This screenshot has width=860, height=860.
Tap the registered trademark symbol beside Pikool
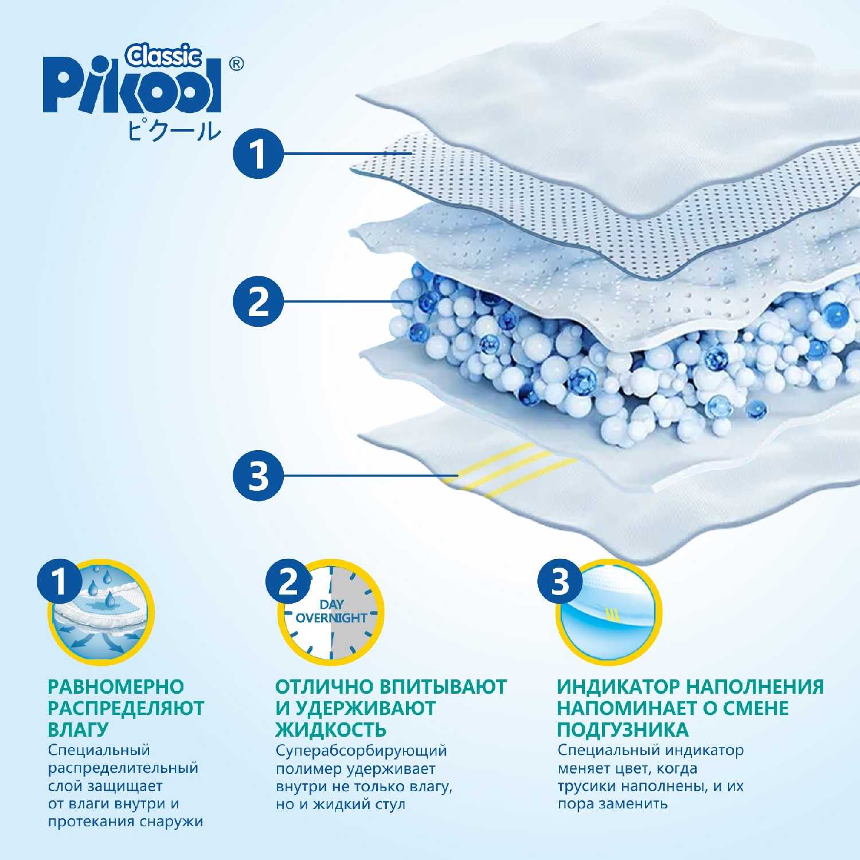point(236,64)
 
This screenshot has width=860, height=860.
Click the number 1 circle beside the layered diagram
point(259,154)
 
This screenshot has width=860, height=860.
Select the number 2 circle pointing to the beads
point(259,302)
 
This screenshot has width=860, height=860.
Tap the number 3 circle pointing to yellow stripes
point(259,476)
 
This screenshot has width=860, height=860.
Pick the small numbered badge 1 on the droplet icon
point(60,582)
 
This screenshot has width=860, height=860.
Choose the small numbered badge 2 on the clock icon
point(288,582)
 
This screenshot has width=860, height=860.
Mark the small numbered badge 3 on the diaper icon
point(560,582)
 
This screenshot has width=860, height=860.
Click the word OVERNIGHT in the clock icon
point(331,618)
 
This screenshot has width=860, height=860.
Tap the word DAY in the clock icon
point(331,604)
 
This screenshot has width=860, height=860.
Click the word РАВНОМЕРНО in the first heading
point(116,687)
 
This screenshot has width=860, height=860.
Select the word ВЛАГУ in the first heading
point(78,730)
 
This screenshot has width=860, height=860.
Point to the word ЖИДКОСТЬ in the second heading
point(331,730)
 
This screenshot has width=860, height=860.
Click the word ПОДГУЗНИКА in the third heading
point(623,730)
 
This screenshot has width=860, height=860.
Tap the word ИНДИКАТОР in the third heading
point(618,687)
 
